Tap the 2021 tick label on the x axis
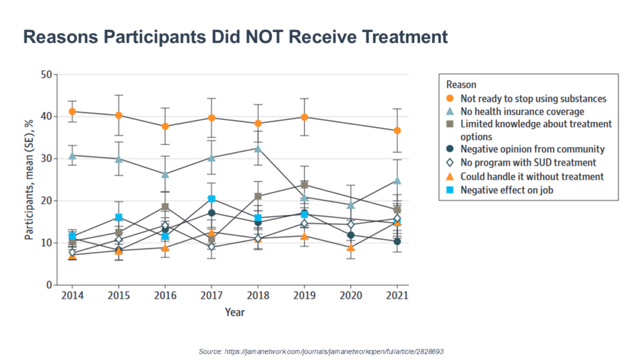[x=397, y=296]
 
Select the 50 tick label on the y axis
[x=45, y=75]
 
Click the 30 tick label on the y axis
[x=45, y=159]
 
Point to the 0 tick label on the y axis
[x=48, y=285]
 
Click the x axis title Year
[x=235, y=312]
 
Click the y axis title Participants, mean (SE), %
[x=29, y=181]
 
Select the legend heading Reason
[x=461, y=84]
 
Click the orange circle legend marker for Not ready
[x=449, y=98]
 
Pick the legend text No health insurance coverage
[x=522, y=111]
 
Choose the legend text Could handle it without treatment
[x=532, y=176]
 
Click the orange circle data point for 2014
[x=72, y=111]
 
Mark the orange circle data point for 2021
[x=397, y=131]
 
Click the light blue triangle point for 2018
[x=258, y=148]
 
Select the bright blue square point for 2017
[x=212, y=199]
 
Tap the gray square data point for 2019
[x=304, y=185]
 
